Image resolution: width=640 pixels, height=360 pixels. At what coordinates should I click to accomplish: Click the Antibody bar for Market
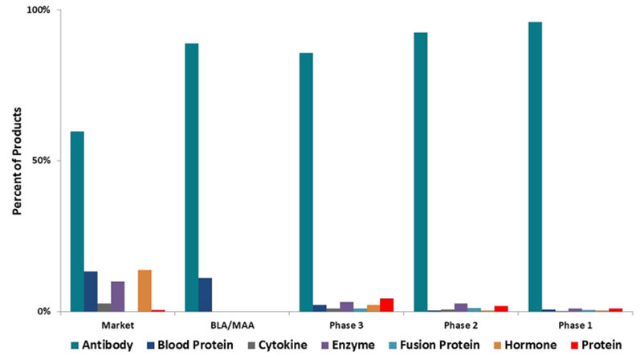click(77, 221)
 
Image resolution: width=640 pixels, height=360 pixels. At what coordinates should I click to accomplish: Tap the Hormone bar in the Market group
click(145, 290)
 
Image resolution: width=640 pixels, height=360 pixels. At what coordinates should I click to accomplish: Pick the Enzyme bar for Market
click(118, 296)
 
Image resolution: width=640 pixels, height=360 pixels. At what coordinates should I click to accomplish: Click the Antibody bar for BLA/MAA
click(192, 177)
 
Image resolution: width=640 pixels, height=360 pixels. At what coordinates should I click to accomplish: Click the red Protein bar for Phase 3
click(387, 305)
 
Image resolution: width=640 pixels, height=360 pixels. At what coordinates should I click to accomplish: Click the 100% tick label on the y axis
click(39, 10)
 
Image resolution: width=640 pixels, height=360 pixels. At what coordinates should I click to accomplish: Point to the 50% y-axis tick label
click(41, 160)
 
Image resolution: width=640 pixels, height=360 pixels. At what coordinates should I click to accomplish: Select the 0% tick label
click(43, 311)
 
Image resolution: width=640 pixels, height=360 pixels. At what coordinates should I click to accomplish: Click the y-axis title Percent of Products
click(17, 160)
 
